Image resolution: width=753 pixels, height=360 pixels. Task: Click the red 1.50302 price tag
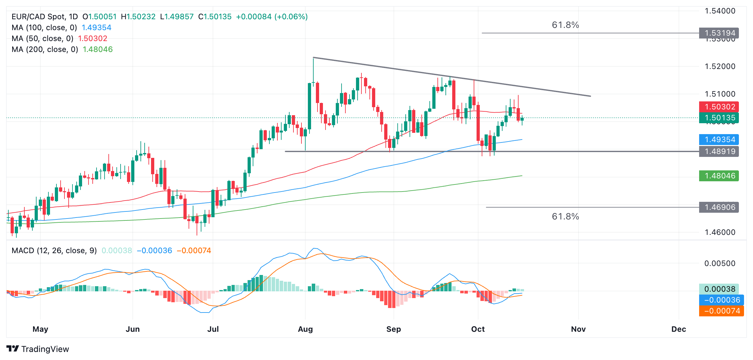719,107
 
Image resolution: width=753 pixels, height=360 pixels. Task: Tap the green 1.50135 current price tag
719,118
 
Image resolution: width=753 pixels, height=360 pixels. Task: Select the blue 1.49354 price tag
719,140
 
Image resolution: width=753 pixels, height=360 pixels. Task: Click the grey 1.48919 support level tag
719,151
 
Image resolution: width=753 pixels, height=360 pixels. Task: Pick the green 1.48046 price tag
719,176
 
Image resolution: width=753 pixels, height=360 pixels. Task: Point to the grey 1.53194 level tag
719,33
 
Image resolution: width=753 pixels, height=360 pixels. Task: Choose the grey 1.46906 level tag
719,207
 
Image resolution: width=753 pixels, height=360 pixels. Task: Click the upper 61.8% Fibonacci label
565,25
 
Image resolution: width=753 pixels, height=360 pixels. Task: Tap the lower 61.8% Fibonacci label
565,217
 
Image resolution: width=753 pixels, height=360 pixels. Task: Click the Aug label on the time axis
305,329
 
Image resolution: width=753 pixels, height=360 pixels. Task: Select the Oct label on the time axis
478,329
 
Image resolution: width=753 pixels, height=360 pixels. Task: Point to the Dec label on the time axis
679,329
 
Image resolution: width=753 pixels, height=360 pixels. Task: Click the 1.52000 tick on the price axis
720,66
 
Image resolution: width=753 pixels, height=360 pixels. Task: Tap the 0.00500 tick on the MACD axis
720,263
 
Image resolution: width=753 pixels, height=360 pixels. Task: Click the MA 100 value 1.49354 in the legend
97,28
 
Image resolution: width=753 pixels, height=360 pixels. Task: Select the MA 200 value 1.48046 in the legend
98,49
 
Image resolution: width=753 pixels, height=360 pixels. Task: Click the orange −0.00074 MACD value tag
722,311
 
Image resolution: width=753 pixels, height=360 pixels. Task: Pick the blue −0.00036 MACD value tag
722,300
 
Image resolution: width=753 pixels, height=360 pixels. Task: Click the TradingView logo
38,349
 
